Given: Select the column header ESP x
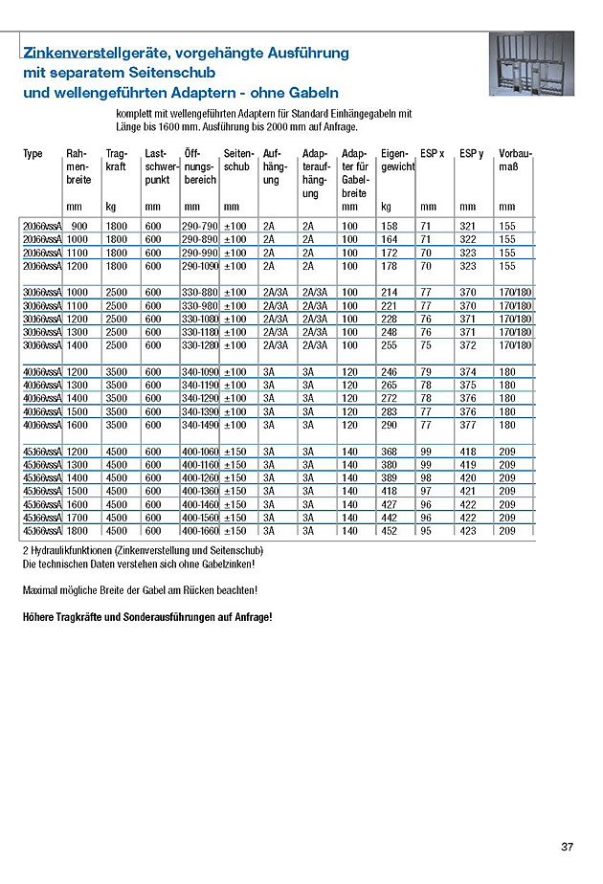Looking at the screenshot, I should click(x=432, y=154).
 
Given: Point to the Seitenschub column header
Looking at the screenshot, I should click(x=236, y=161).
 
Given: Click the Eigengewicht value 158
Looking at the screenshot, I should click(x=389, y=226).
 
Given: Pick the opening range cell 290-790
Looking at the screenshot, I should click(x=200, y=226).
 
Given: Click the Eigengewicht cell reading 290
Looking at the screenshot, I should click(x=390, y=425).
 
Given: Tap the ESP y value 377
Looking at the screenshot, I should click(x=469, y=425).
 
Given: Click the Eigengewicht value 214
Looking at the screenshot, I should click(x=390, y=292).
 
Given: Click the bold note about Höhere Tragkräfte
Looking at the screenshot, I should click(x=146, y=617).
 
